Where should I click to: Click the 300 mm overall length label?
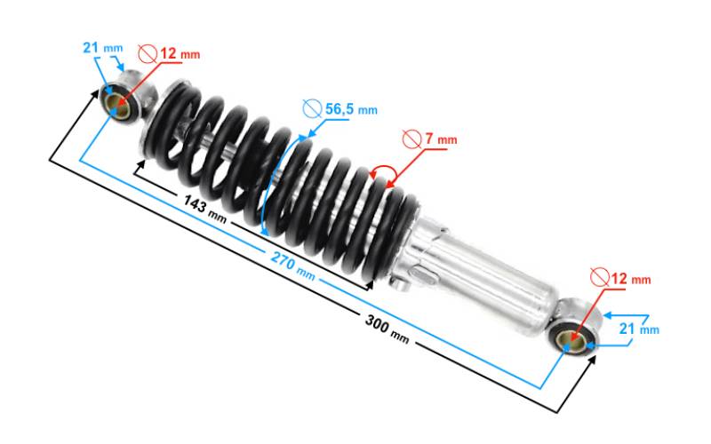click(x=387, y=329)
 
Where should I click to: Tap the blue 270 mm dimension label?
click(x=293, y=266)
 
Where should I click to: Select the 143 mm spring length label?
click(x=205, y=209)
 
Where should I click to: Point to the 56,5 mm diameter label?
click(x=351, y=109)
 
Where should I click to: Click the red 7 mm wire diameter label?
click(x=441, y=139)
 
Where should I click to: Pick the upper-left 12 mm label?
click(x=180, y=54)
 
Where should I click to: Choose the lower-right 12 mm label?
click(x=631, y=278)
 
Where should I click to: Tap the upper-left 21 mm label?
click(x=102, y=48)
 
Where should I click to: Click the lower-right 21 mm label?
click(x=639, y=328)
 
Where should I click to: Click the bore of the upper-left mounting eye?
click(x=118, y=107)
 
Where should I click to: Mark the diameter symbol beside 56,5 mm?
click(x=313, y=108)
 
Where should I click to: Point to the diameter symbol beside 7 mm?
click(x=411, y=139)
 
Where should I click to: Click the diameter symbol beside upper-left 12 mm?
click(x=148, y=54)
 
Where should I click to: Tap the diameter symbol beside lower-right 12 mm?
click(x=599, y=277)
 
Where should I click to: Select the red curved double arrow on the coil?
click(x=384, y=172)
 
